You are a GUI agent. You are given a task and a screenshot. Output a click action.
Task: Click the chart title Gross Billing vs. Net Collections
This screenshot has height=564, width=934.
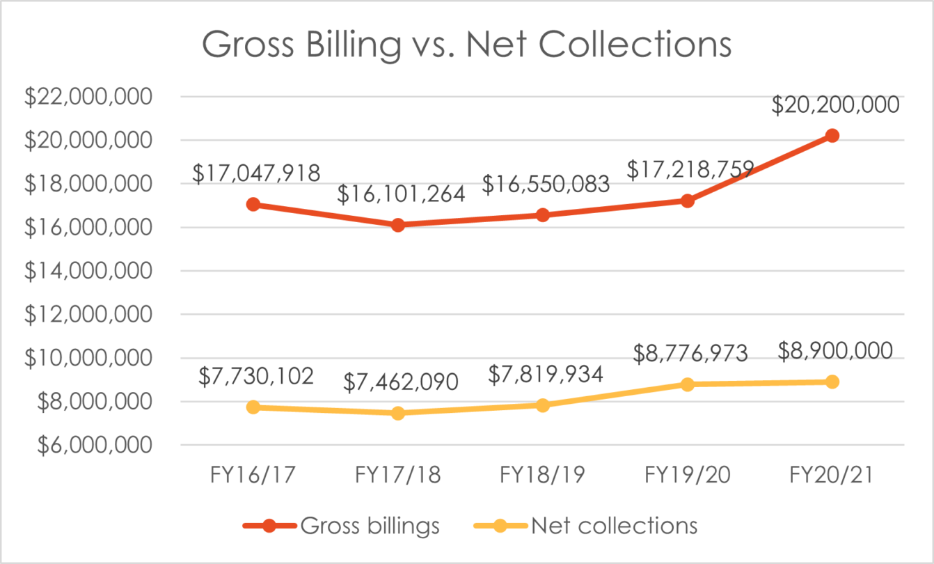tap(467, 46)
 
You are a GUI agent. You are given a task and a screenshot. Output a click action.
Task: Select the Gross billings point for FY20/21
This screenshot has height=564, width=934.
tap(832, 136)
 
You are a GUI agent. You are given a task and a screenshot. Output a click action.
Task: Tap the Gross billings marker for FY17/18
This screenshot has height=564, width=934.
tap(398, 225)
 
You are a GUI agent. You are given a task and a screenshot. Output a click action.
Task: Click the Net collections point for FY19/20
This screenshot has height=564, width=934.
tap(688, 384)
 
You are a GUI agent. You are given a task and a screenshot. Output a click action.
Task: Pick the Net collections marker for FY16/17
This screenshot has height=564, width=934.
tap(253, 407)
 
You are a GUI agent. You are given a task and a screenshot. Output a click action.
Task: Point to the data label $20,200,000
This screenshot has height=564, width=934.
tap(835, 104)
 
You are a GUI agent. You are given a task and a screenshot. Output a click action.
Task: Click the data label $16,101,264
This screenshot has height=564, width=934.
tap(401, 194)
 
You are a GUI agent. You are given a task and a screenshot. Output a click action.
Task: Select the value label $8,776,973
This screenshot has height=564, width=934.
tap(690, 353)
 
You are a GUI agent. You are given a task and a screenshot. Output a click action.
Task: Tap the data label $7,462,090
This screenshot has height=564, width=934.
tap(401, 382)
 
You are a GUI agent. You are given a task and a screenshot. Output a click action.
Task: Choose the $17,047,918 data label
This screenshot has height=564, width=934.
tap(256, 173)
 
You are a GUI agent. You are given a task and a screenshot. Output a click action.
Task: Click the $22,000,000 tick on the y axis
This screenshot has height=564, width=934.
tap(88, 97)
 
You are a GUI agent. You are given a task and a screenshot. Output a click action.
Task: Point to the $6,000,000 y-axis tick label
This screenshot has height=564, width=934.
tap(88, 446)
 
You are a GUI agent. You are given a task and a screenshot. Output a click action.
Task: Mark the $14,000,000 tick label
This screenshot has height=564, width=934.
tap(88, 272)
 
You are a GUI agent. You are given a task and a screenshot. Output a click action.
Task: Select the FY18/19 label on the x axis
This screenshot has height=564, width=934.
tap(543, 476)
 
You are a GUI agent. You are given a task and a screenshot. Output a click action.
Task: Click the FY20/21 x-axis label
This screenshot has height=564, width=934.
tap(832, 476)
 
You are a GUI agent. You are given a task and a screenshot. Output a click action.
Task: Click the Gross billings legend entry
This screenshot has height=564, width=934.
tap(341, 526)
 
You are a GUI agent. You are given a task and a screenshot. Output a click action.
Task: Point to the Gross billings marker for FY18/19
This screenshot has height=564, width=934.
tap(543, 215)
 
